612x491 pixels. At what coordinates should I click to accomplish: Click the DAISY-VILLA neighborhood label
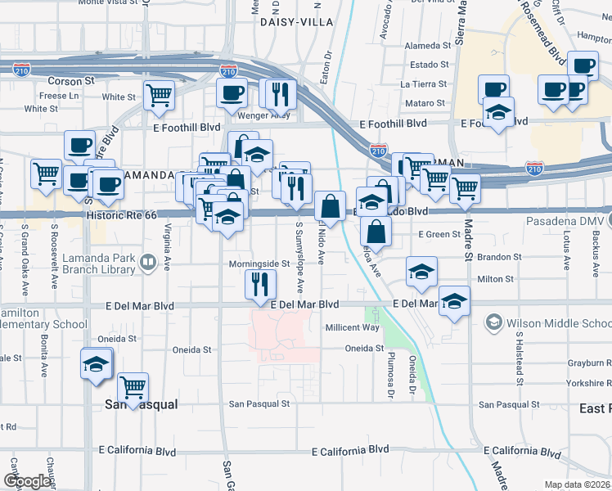(x=290, y=22)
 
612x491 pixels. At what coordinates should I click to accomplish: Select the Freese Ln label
(x=59, y=96)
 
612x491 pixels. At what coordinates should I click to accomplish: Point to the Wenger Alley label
(x=263, y=115)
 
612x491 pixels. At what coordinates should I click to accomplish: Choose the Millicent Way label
(x=353, y=327)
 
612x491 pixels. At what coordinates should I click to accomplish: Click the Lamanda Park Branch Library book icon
(x=148, y=263)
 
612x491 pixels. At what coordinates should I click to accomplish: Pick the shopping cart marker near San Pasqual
(x=133, y=386)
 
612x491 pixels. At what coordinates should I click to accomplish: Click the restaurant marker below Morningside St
(x=260, y=285)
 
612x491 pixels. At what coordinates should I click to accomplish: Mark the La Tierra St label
(x=425, y=84)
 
